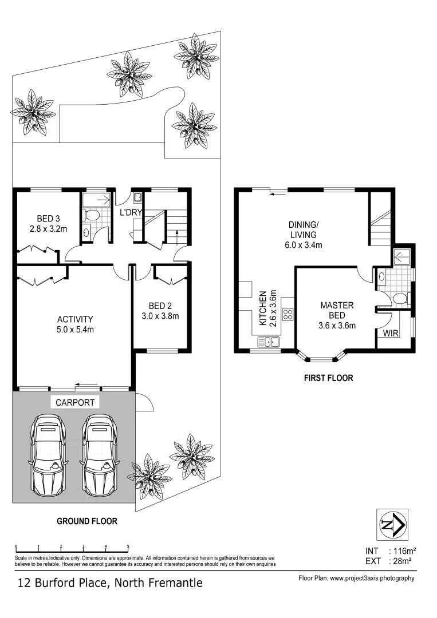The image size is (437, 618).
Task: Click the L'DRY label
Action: (131, 213)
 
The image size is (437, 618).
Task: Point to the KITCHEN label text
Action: (262, 308)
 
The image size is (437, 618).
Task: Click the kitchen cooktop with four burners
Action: (288, 314)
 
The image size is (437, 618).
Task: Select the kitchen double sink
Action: (268, 342)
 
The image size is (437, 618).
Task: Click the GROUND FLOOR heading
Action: (86, 521)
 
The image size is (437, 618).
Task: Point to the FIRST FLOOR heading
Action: (328, 378)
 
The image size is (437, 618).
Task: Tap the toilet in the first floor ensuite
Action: (401, 298)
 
